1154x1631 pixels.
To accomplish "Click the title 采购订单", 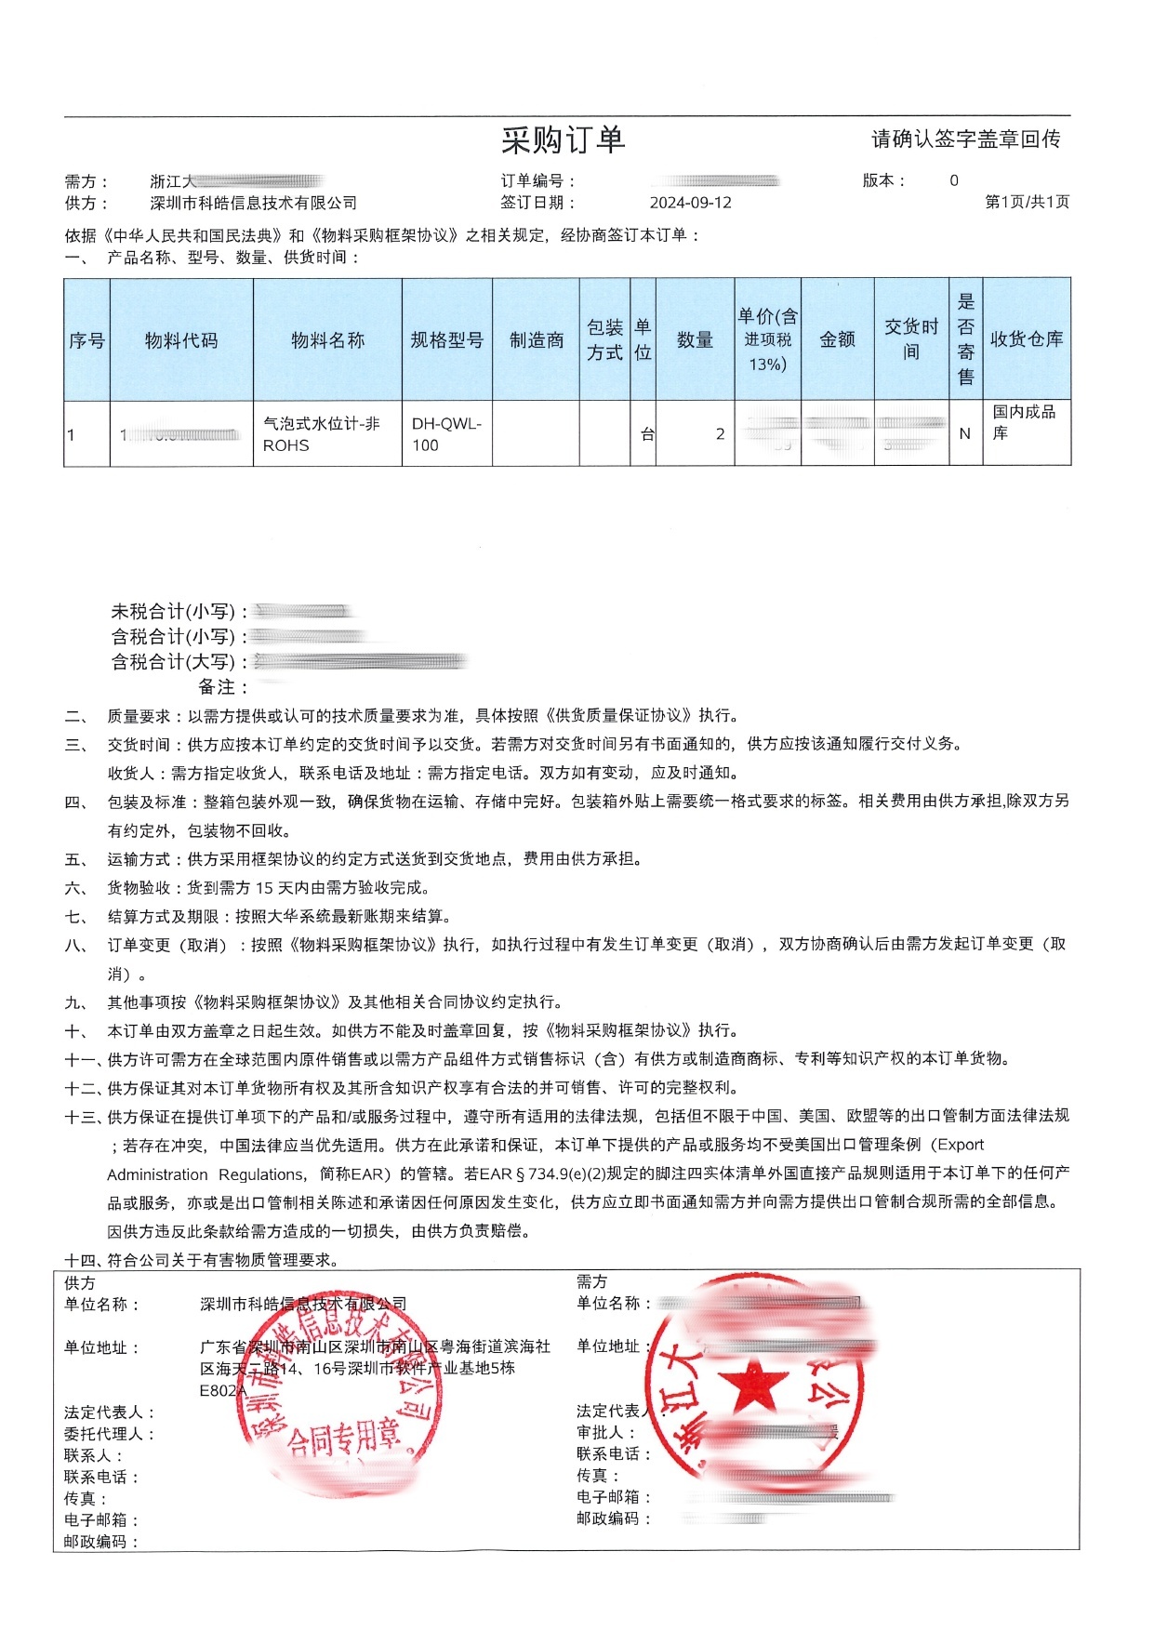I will pyautogui.click(x=563, y=140).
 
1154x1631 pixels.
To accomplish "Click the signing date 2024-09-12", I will pyautogui.click(x=690, y=203).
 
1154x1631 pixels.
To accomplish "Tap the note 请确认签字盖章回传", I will pyautogui.click(x=965, y=139).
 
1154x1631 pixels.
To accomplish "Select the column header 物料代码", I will pyautogui.click(x=181, y=340).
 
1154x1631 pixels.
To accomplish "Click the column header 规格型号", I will pyautogui.click(x=446, y=340).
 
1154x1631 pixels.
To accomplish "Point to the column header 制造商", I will pyautogui.click(x=537, y=340).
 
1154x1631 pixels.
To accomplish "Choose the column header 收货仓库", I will pyautogui.click(x=1026, y=339).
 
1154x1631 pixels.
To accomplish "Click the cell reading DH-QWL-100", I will pyautogui.click(x=446, y=434).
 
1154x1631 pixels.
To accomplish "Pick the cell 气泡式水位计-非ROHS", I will pyautogui.click(x=322, y=434).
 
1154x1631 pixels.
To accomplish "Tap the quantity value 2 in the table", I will pyautogui.click(x=720, y=434).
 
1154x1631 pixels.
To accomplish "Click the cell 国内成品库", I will pyautogui.click(x=1024, y=422).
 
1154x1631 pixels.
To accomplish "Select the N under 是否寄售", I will pyautogui.click(x=964, y=434).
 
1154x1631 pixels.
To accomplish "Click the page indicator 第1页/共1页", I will pyautogui.click(x=1027, y=203).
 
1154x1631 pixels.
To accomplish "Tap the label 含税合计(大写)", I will pyautogui.click(x=174, y=662).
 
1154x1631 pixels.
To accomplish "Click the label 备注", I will pyautogui.click(x=218, y=687).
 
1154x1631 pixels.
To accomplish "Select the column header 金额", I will pyautogui.click(x=837, y=340).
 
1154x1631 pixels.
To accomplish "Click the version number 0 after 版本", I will pyautogui.click(x=953, y=180).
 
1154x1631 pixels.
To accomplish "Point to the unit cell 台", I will pyautogui.click(x=647, y=434).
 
